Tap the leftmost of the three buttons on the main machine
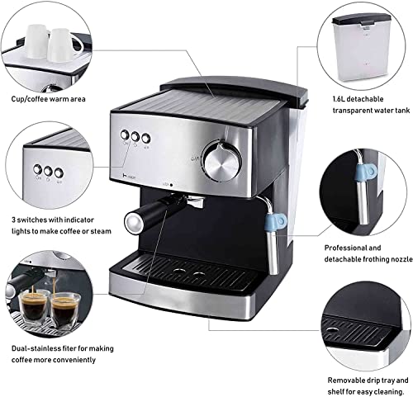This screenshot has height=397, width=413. click(125, 135)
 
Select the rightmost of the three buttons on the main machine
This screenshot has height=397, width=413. click(146, 138)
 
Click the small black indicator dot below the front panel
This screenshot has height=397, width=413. click(171, 185)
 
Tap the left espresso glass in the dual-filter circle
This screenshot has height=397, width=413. click(32, 306)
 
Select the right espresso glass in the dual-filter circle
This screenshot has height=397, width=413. click(66, 311)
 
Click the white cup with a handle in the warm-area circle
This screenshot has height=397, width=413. click(65, 45)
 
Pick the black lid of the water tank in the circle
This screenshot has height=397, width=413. click(362, 19)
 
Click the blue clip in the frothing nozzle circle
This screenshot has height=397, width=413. click(365, 173)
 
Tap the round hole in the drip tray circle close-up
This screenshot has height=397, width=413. click(333, 330)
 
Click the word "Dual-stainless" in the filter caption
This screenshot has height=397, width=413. click(37, 348)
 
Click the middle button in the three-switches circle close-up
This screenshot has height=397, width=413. click(48, 172)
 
